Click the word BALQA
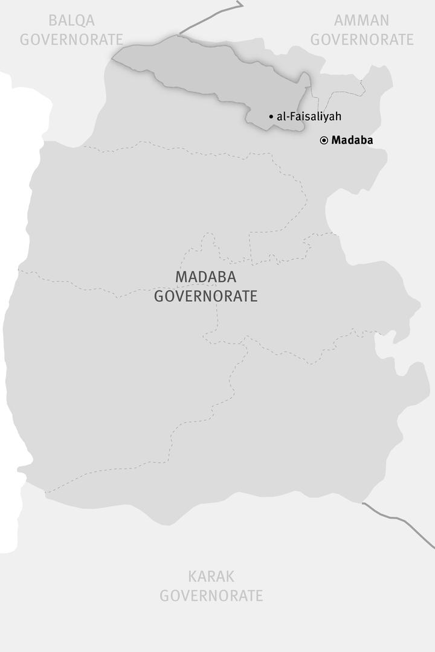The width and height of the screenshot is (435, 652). [x=71, y=21]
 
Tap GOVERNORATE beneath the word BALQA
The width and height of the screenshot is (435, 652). [x=71, y=40]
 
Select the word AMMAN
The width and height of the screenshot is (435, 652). [x=362, y=21]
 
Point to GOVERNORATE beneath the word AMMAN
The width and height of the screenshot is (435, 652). [x=362, y=40]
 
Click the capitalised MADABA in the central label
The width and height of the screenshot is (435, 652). [x=206, y=277]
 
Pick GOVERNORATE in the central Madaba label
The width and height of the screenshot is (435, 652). [x=206, y=296]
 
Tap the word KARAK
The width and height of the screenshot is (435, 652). [x=211, y=576]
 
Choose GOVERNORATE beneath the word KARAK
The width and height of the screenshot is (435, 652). [x=211, y=596]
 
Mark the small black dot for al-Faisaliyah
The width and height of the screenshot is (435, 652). [x=271, y=117]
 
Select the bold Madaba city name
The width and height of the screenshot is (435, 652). [x=352, y=140]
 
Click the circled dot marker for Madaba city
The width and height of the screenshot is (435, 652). [x=324, y=140]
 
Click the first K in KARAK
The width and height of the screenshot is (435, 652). [x=193, y=576]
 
